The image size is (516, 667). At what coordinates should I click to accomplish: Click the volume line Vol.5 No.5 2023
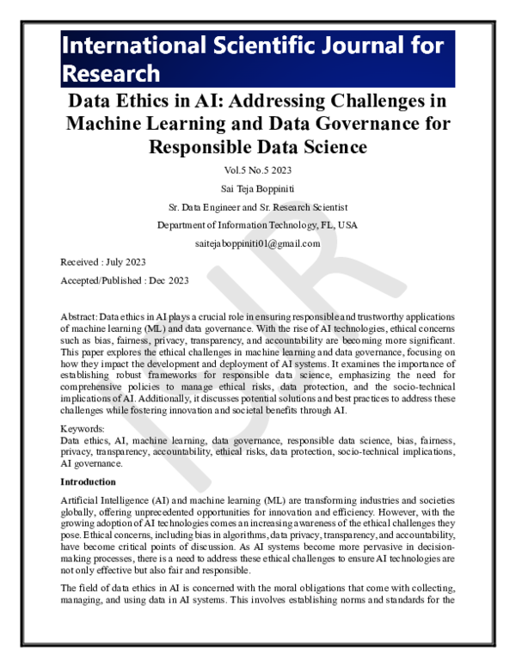[258, 169]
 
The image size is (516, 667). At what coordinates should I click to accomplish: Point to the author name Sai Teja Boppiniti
[258, 188]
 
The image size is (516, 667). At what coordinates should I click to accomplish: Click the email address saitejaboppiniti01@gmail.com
[258, 243]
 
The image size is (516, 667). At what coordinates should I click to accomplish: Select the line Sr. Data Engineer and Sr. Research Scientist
[258, 207]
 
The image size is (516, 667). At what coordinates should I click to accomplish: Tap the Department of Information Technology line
[258, 225]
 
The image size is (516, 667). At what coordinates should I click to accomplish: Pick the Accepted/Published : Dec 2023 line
[125, 281]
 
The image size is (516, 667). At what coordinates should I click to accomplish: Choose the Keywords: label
[85, 427]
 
